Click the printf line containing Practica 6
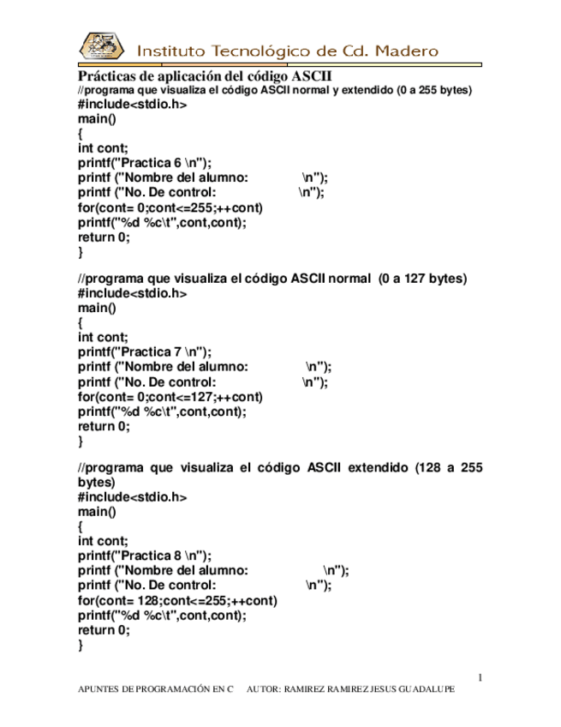pyautogui.click(x=144, y=163)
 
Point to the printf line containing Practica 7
pyautogui.click(x=144, y=351)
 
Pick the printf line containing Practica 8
pyautogui.click(x=144, y=555)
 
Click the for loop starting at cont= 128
pyautogui.click(x=176, y=601)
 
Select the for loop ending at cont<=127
pyautogui.click(x=170, y=397)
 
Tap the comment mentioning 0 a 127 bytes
pyautogui.click(x=272, y=279)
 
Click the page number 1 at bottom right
pyautogui.click(x=480, y=678)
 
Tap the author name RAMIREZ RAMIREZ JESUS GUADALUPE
pyautogui.click(x=368, y=689)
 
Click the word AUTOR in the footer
pyautogui.click(x=262, y=689)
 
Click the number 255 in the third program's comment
pyautogui.click(x=471, y=468)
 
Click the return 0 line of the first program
pyautogui.click(x=104, y=237)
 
